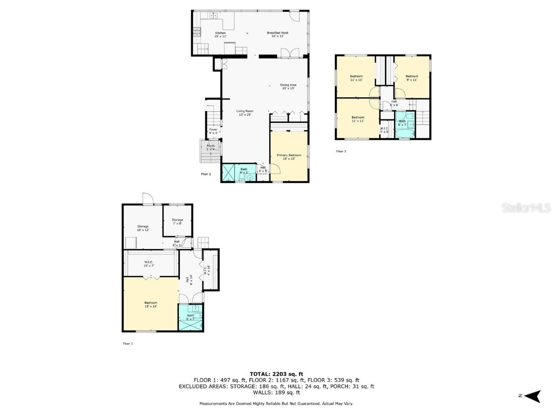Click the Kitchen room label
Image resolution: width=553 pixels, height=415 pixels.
pyautogui.click(x=220, y=35)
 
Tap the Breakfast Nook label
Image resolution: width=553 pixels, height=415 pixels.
pyautogui.click(x=278, y=35)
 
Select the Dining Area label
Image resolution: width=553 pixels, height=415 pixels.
pyautogui.click(x=288, y=86)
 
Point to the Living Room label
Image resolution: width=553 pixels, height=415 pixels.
pyautogui.click(x=246, y=113)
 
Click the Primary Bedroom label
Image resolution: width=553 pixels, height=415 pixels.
pyautogui.click(x=289, y=157)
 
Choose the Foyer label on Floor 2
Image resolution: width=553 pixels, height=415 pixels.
pyautogui.click(x=213, y=131)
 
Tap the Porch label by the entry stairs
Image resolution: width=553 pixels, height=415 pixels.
pyautogui.click(x=211, y=147)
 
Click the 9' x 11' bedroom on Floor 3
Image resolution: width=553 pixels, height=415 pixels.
pyautogui.click(x=412, y=77)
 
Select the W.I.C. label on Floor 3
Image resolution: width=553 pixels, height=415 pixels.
pyautogui.click(x=385, y=130)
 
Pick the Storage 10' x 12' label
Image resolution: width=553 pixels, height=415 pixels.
pyautogui.click(x=143, y=228)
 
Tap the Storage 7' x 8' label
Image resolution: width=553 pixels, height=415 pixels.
pyautogui.click(x=177, y=221)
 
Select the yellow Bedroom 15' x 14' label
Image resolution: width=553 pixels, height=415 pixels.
pyautogui.click(x=150, y=304)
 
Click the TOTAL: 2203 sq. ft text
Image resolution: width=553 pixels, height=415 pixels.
pyautogui.click(x=276, y=374)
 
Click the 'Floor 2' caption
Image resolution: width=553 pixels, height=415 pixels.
pyautogui.click(x=205, y=174)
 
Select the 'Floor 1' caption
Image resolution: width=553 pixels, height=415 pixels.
pyautogui.click(x=128, y=343)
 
